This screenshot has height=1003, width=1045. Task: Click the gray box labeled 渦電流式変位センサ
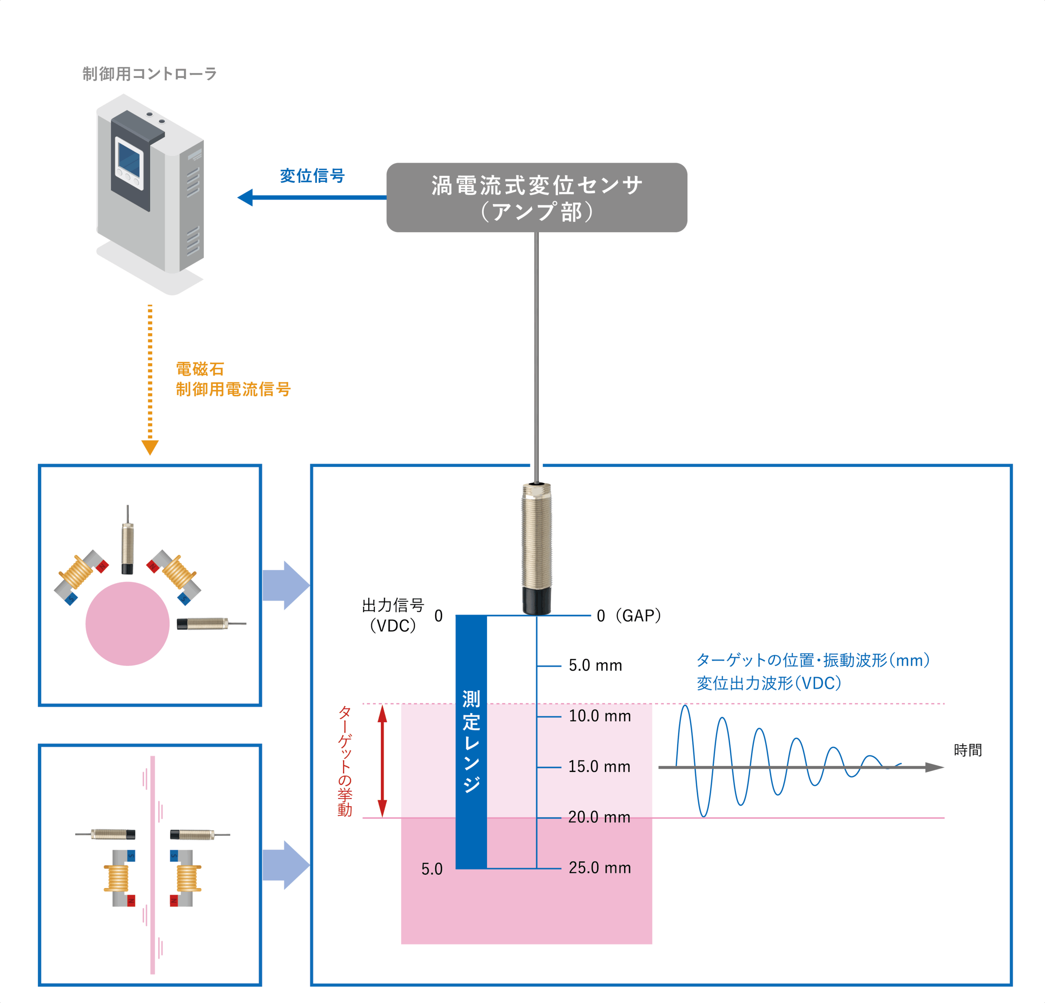click(536, 197)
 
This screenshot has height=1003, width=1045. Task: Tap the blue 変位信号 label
click(312, 176)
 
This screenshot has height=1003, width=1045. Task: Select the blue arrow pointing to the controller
click(312, 197)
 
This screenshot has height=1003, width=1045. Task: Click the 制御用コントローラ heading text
click(149, 73)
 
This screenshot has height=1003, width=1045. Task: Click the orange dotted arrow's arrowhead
click(150, 447)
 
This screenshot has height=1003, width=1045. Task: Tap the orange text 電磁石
click(200, 369)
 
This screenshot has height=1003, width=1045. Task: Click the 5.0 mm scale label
click(595, 665)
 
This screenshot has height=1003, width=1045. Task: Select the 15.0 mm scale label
click(599, 767)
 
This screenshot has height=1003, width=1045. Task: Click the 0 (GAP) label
click(629, 616)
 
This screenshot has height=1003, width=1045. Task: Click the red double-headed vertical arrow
click(382, 761)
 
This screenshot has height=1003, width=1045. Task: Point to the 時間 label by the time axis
click(968, 750)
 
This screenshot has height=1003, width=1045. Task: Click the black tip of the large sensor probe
click(536, 600)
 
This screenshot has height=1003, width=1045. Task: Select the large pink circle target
click(127, 623)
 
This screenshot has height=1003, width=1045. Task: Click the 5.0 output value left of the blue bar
click(432, 869)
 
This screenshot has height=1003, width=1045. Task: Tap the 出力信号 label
click(393, 605)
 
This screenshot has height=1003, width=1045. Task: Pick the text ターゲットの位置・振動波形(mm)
click(813, 660)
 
